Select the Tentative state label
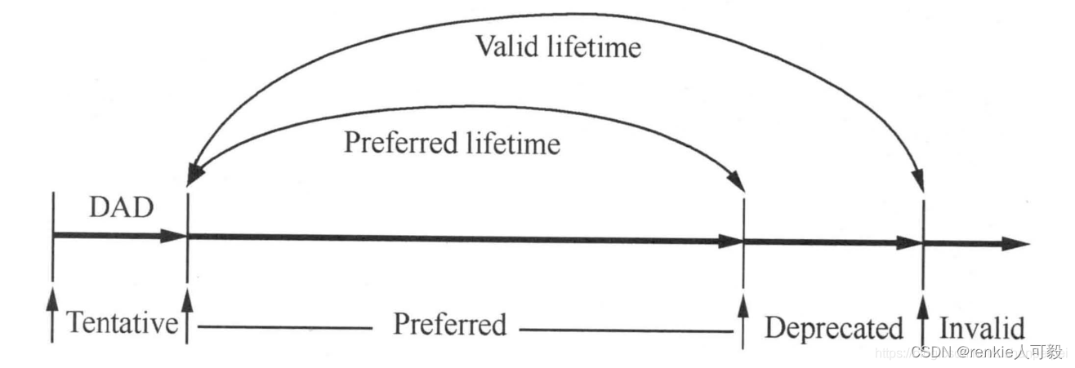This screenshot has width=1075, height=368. [x=123, y=324]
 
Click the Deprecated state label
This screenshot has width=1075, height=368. [x=833, y=328]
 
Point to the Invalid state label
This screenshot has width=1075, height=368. [x=982, y=328]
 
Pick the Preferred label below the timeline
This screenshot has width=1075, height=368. [x=449, y=324]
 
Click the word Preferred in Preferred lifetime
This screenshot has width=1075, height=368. [x=399, y=144]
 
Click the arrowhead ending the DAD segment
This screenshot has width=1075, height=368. [x=173, y=236]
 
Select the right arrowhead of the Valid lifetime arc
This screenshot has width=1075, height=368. [x=920, y=180]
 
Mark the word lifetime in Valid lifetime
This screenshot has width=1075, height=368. [x=594, y=47]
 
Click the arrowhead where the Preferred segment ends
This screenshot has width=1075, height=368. [x=729, y=242]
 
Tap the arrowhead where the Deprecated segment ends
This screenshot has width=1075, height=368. [x=909, y=242]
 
